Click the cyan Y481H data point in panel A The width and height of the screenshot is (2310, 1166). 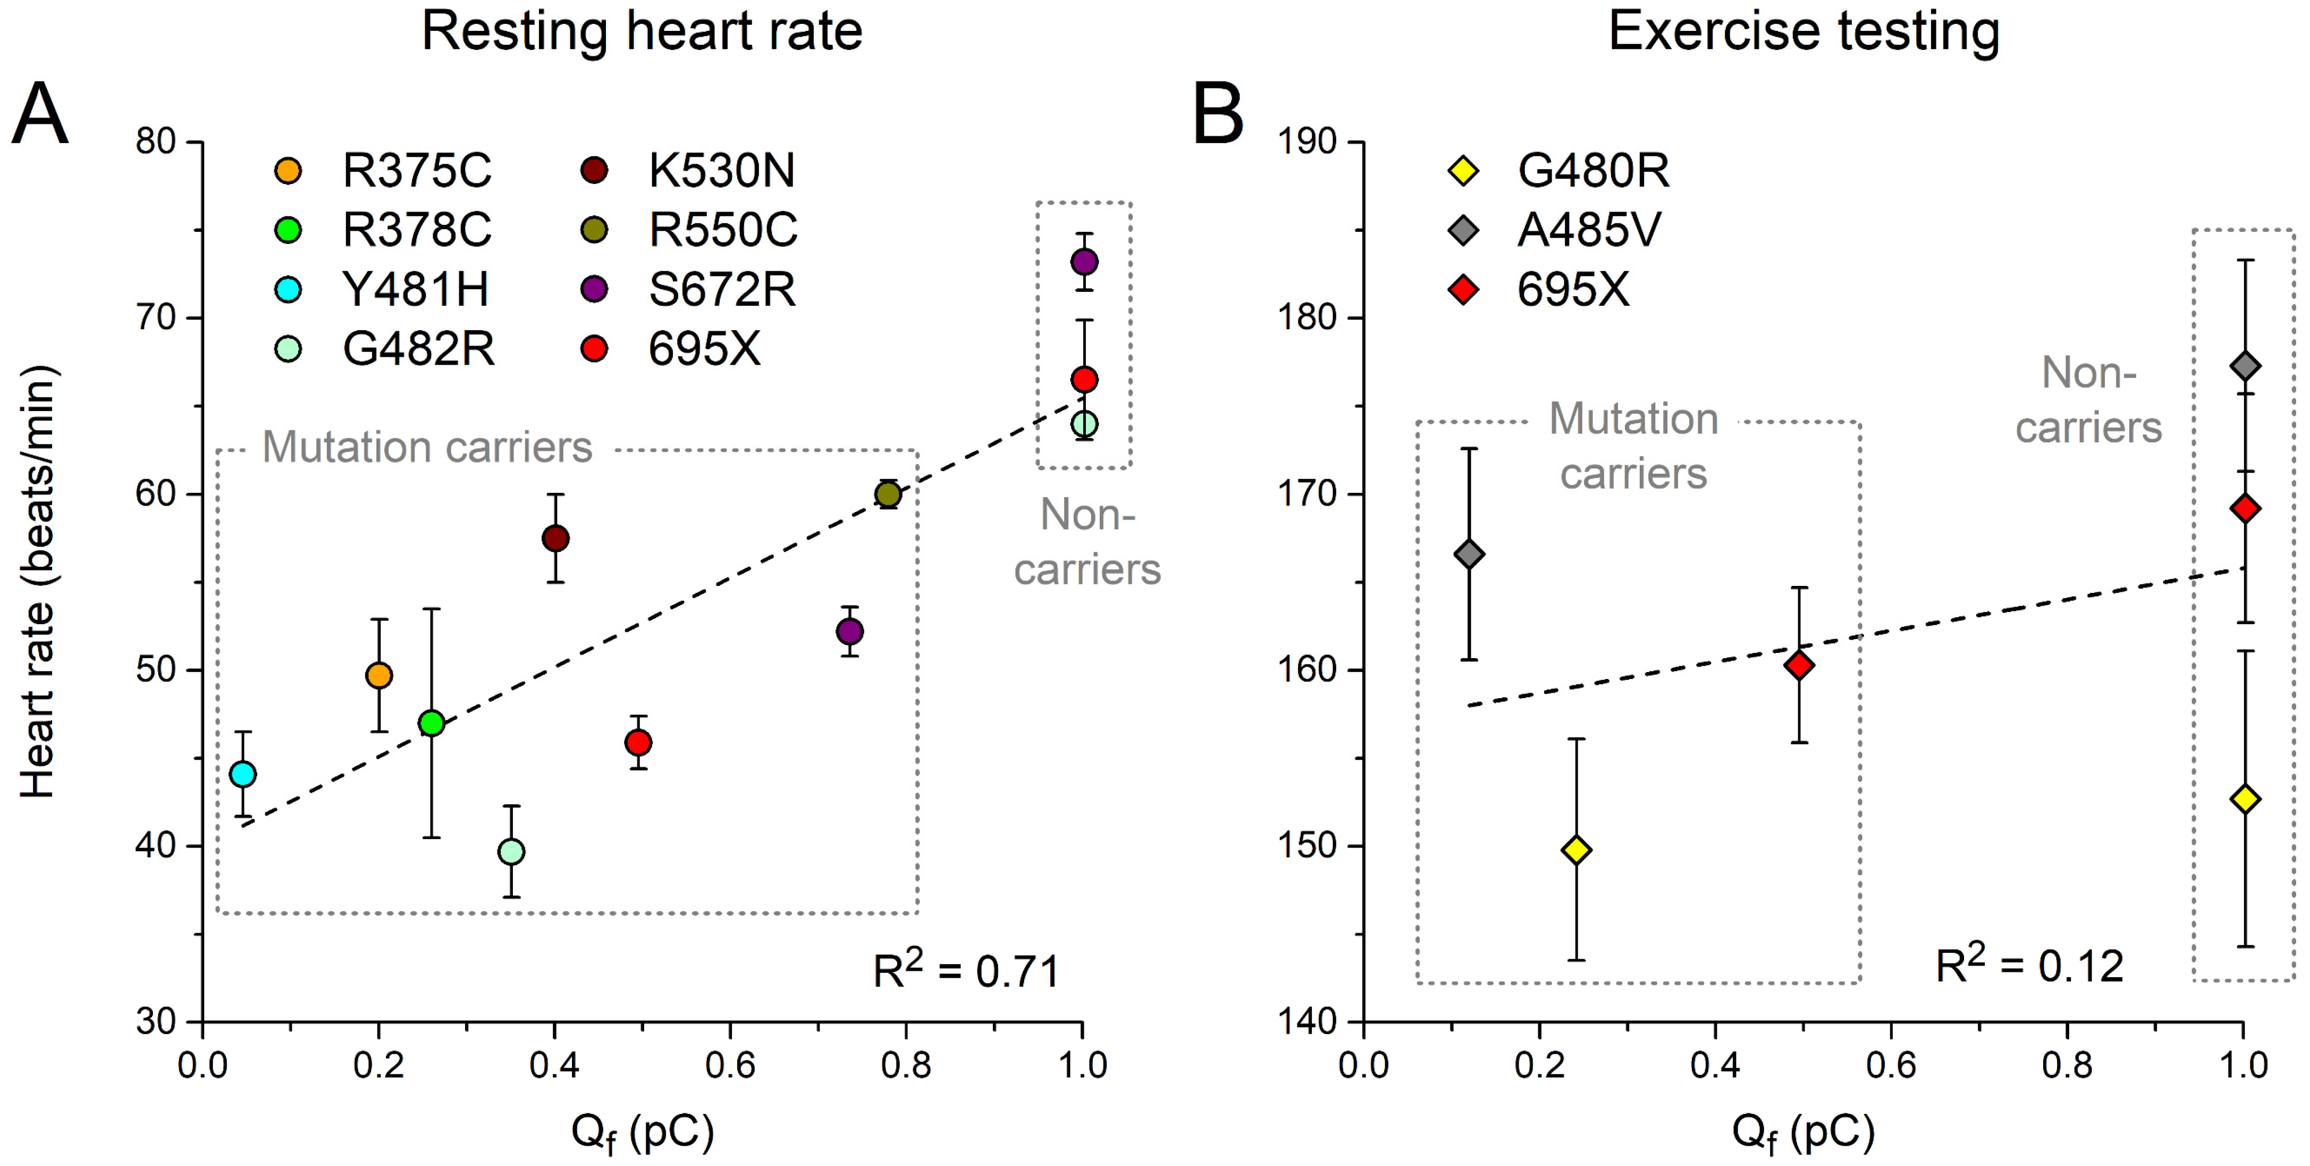pos(242,774)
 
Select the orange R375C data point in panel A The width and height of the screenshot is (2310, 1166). pos(380,675)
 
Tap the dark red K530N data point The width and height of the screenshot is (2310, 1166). pos(555,538)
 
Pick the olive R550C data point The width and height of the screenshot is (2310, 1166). pos(888,494)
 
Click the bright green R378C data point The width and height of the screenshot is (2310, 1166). pos(432,723)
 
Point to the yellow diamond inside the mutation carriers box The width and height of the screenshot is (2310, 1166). pos(1576,850)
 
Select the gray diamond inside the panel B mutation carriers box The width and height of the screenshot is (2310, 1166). pos(1469,555)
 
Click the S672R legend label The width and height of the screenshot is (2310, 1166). pos(722,290)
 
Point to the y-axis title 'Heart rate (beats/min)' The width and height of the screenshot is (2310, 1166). pos(38,581)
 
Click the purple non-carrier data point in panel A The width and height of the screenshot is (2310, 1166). pos(1084,262)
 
